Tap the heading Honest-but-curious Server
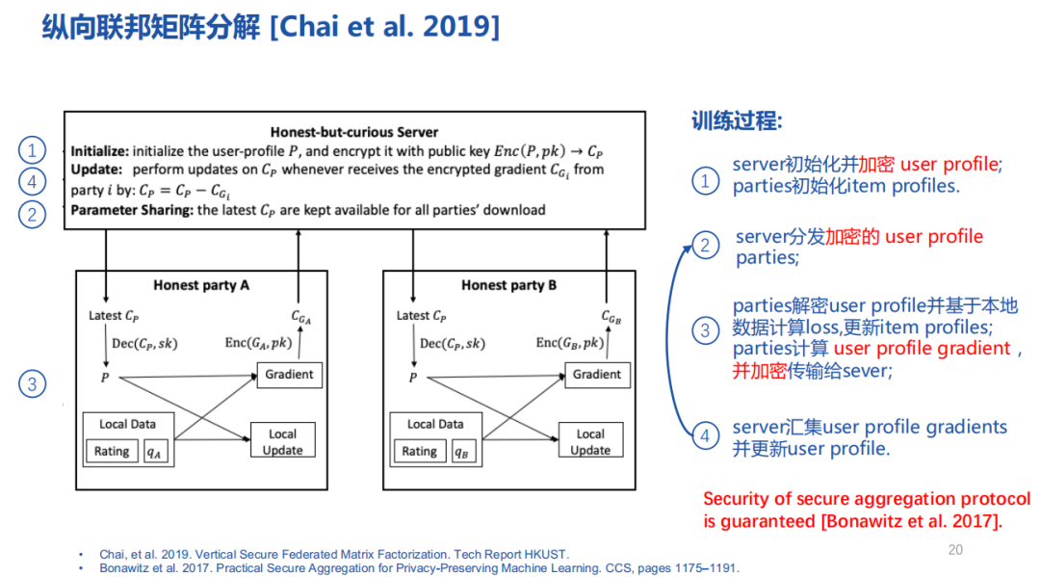pos(353,132)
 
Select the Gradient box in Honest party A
pos(289,374)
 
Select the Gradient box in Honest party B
pos(597,374)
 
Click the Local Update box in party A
pos(282,442)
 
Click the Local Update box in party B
pos(590,442)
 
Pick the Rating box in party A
pos(112,451)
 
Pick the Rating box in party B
pos(419,451)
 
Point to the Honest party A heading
pos(201,285)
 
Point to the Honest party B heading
pos(508,285)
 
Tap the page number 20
pos(955,549)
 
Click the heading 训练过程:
pos(737,121)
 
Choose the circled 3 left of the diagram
pos(32,384)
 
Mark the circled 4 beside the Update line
pos(32,181)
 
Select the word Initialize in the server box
pos(99,151)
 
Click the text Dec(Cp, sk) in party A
pos(144,343)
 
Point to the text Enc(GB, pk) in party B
pos(570,343)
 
